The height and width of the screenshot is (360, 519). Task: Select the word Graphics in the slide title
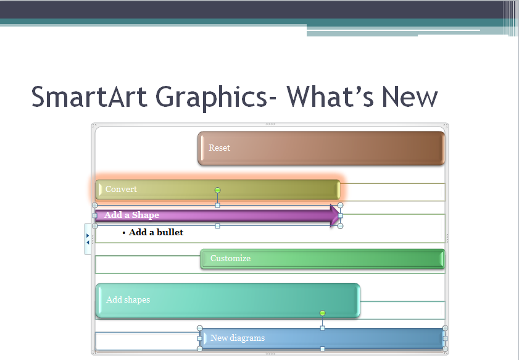point(209,97)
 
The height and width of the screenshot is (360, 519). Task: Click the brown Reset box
point(321,148)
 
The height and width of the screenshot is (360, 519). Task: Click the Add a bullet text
point(156,232)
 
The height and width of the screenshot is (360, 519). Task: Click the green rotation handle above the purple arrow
point(217,190)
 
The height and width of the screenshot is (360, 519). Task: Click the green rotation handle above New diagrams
point(322,314)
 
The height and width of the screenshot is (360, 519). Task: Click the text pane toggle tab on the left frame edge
point(88,239)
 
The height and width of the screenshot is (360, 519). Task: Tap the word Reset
point(219,148)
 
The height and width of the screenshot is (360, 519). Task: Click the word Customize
point(230,259)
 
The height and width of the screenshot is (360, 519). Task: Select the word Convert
point(121,190)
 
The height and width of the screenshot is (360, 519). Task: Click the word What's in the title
point(330,97)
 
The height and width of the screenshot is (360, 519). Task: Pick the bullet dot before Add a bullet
point(124,233)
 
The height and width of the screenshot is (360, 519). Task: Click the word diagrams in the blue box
point(247,338)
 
